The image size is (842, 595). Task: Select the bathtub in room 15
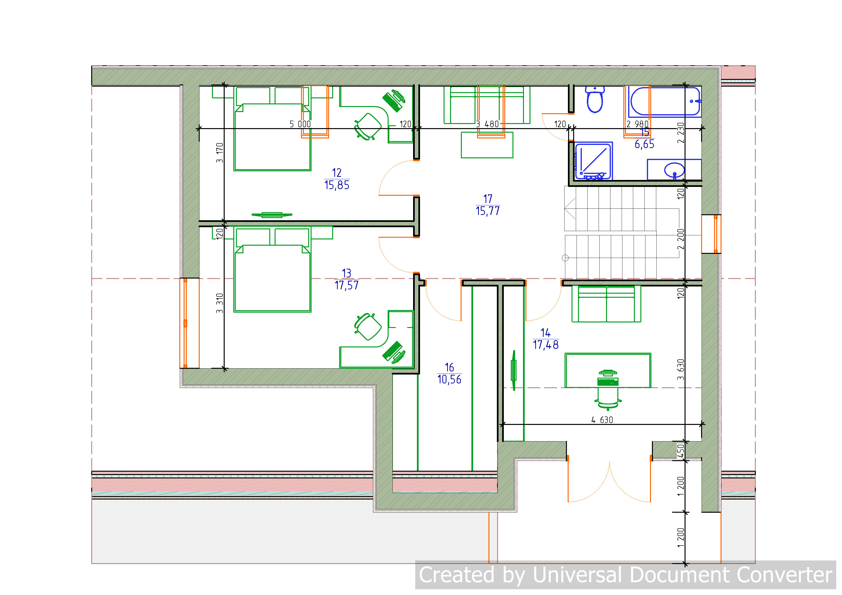click(x=665, y=101)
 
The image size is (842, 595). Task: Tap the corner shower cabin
click(x=593, y=161)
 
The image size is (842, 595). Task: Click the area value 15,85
click(x=337, y=185)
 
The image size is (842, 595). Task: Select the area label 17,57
click(x=347, y=285)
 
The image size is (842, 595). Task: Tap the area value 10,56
click(x=449, y=380)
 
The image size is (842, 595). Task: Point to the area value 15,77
click(x=488, y=211)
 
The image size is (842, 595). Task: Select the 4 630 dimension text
click(x=602, y=420)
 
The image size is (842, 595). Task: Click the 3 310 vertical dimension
click(x=219, y=303)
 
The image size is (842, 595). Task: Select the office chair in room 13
click(x=368, y=327)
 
